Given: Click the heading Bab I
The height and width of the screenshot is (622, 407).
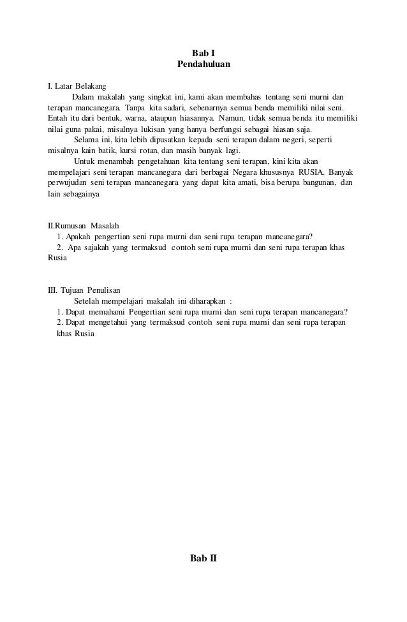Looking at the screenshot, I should (x=204, y=53).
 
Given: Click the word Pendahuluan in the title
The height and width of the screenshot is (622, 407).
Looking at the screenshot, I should (x=204, y=64).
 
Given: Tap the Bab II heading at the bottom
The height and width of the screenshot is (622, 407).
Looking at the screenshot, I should (x=204, y=558).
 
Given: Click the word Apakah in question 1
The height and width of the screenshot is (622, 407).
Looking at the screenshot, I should (x=77, y=237).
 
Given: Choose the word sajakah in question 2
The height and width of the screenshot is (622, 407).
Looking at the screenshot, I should (x=94, y=248).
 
